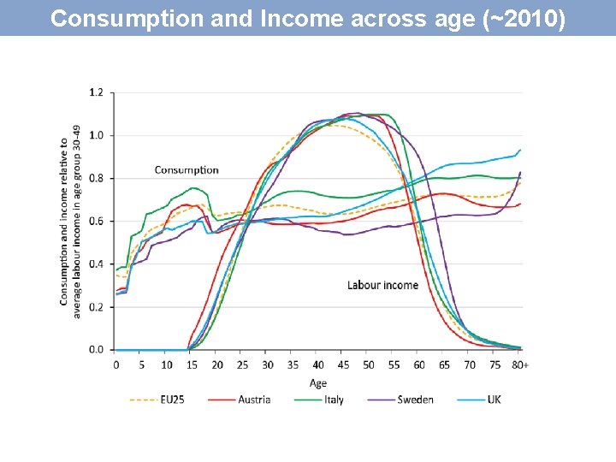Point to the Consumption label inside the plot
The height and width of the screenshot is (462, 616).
coord(187,170)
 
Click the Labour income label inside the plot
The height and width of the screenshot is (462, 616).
coord(382,285)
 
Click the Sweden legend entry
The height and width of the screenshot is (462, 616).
coord(416,400)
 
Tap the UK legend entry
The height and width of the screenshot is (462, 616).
coord(494,400)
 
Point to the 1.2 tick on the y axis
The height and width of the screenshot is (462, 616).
coord(96,92)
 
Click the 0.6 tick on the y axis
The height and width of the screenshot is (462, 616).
coord(96,221)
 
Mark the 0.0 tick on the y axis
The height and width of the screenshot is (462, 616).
coord(96,349)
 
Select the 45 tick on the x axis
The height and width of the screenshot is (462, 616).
coord(343,364)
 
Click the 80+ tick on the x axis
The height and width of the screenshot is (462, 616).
coord(521,364)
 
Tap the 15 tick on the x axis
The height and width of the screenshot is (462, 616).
coord(192,364)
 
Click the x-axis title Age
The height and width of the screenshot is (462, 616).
coord(318,382)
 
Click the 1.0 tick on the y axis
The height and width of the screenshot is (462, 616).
coord(96,135)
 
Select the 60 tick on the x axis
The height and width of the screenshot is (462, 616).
coord(419,364)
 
